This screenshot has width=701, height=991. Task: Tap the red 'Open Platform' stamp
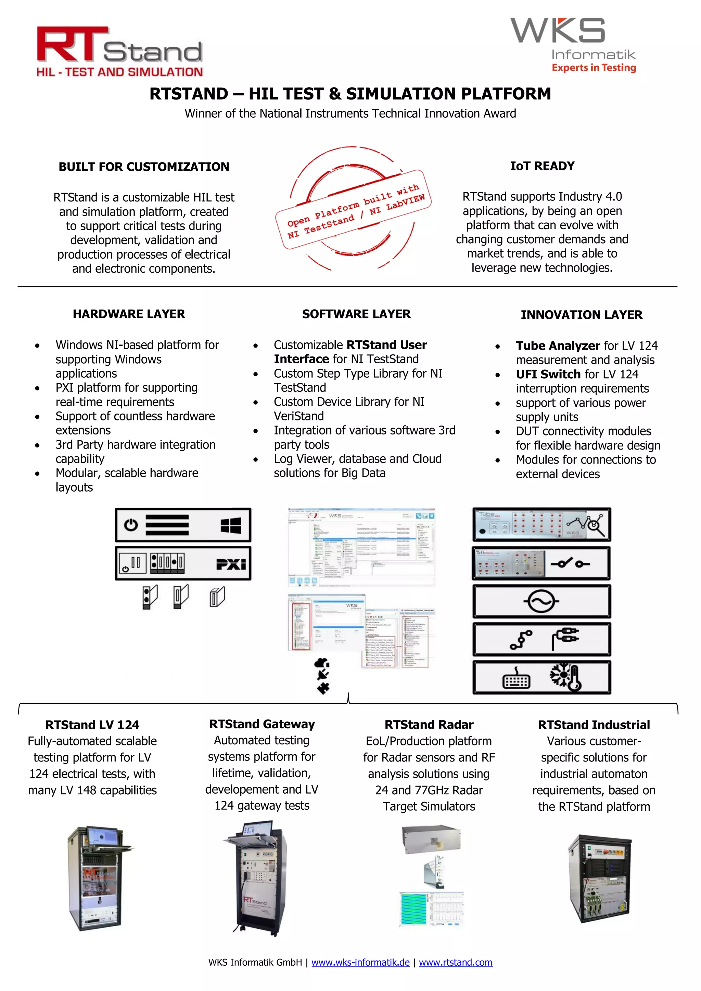point(353,209)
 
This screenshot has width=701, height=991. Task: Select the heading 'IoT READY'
point(542,166)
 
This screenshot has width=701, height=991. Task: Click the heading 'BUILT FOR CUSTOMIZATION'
point(144,167)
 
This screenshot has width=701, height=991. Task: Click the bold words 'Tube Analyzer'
point(558,346)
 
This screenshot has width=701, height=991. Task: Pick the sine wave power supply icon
point(541,602)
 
